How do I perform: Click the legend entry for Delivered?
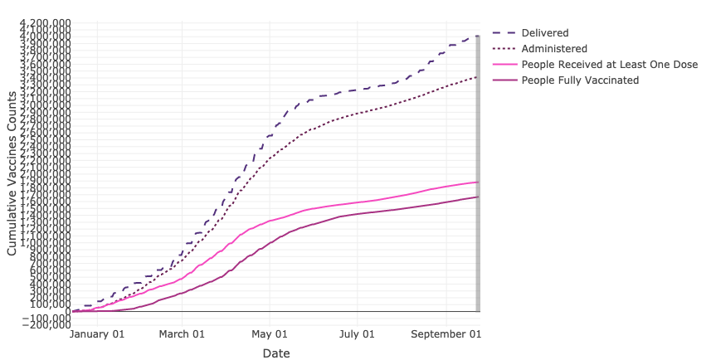click(x=545, y=33)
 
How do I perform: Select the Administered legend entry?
click(x=555, y=49)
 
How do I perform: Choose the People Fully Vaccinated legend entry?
click(x=580, y=80)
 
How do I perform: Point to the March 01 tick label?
click(x=182, y=334)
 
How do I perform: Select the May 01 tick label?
click(x=270, y=334)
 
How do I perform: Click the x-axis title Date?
click(x=276, y=353)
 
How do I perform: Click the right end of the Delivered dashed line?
click(x=478, y=36)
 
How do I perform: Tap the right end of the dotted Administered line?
click(x=478, y=76)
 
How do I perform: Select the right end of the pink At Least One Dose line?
click(x=478, y=182)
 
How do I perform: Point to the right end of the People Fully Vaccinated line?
click(x=478, y=197)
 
